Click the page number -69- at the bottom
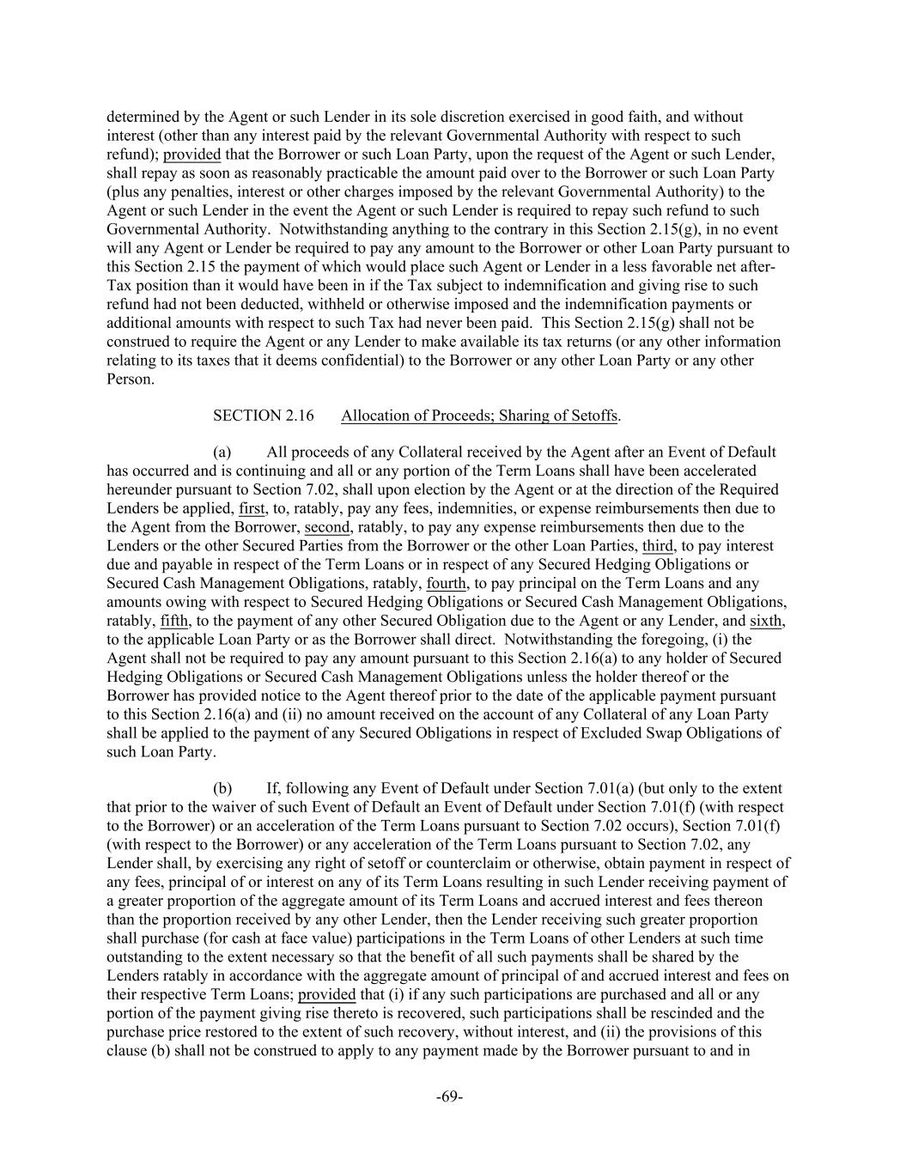[x=450, y=1096]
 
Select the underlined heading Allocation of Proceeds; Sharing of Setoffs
[x=479, y=416]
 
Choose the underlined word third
[x=657, y=546]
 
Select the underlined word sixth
[x=766, y=621]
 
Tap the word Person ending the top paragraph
[x=129, y=379]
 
